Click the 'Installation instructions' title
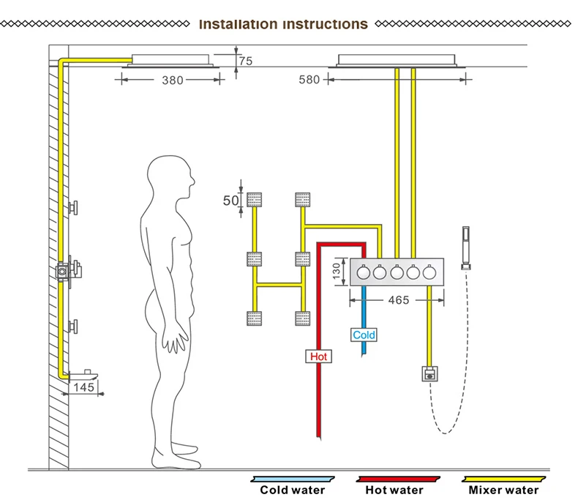pos(283,24)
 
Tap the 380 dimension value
pos(172,80)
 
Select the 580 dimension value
pos(309,80)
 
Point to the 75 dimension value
pos(245,61)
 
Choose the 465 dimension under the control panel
pos(398,299)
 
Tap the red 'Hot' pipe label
pos(319,357)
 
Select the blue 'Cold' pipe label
pos(364,335)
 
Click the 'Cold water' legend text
pos(293,490)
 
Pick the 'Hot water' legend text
pos(395,490)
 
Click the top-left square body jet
pos(255,198)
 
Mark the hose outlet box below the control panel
pos(429,374)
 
